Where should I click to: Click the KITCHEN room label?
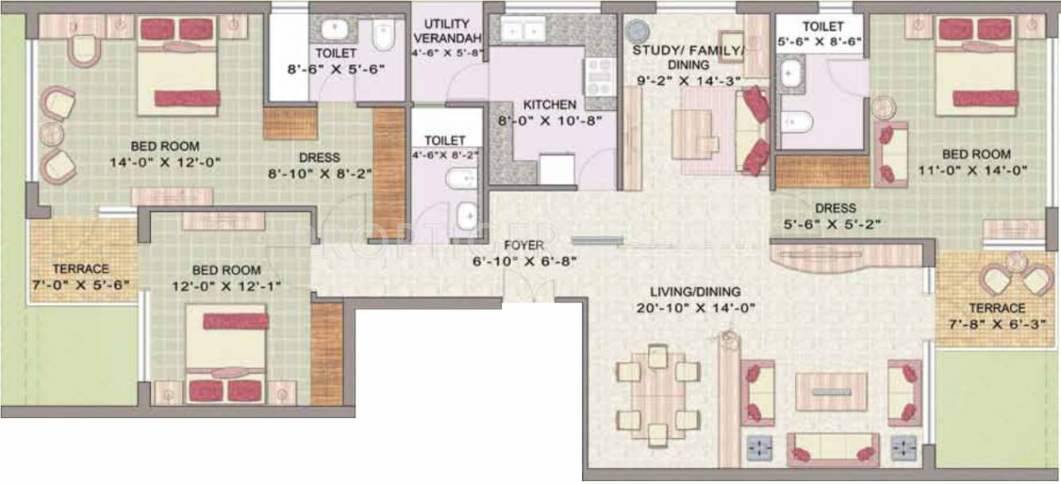pyautogui.click(x=550, y=105)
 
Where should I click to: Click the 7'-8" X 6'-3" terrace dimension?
pyautogui.click(x=997, y=323)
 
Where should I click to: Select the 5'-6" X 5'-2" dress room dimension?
pyautogui.click(x=835, y=223)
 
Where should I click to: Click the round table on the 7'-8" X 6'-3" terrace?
pyautogui.click(x=1013, y=263)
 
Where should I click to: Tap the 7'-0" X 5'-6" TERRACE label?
pyautogui.click(x=80, y=269)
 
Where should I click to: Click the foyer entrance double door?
pyautogui.click(x=528, y=291)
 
